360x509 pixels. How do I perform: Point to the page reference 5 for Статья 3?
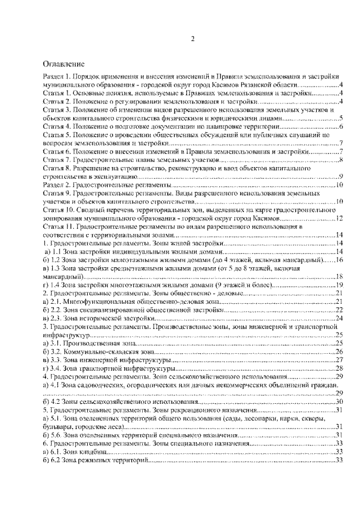(341, 119)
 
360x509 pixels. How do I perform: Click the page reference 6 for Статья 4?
(341, 127)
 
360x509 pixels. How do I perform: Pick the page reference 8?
(341, 160)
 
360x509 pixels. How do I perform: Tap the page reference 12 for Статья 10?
(339, 218)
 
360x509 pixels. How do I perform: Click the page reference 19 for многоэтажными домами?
(339, 285)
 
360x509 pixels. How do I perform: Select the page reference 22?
(339, 310)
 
